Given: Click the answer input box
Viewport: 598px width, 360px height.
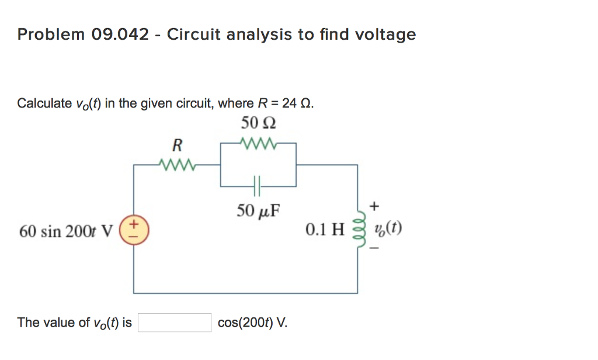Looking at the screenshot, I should [175, 323].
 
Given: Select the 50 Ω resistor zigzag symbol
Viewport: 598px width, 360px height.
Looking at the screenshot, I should [258, 143].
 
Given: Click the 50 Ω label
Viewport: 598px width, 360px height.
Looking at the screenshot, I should [258, 124].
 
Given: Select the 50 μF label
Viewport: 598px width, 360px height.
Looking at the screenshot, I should [258, 210].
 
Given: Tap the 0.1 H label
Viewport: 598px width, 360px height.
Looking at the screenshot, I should [325, 230].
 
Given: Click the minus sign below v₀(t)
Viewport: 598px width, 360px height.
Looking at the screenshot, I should [374, 249].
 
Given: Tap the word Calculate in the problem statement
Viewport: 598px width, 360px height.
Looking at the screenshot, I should [44, 104].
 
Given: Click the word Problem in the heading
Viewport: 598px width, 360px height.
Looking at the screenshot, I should [51, 35].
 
